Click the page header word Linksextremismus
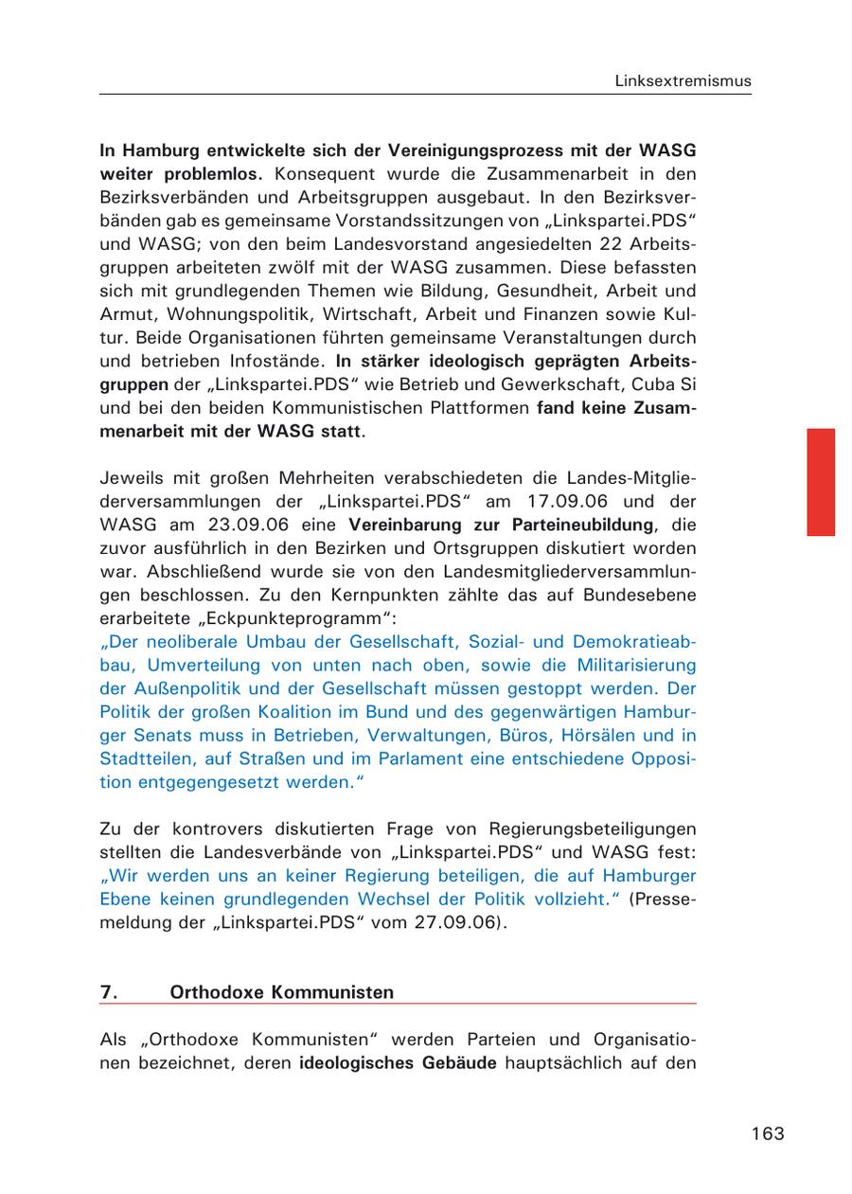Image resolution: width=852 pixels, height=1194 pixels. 683,80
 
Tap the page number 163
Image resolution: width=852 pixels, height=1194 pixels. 768,1133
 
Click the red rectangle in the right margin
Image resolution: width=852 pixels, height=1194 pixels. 820,482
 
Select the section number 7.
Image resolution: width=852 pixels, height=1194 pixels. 109,992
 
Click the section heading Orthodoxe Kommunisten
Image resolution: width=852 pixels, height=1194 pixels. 281,992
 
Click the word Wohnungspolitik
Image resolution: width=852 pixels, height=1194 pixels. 222,314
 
